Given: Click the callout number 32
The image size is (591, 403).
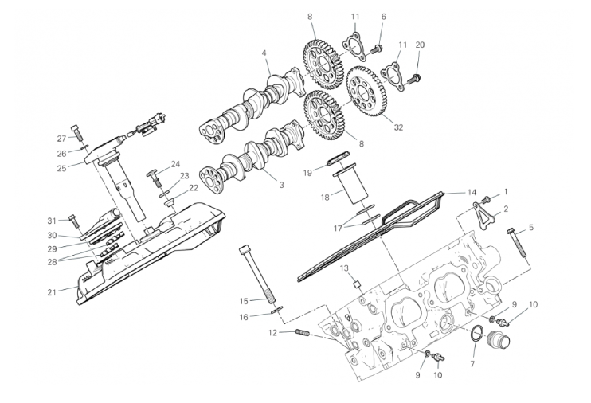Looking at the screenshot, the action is (398, 127).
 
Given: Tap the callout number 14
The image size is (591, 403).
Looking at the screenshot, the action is (472, 192).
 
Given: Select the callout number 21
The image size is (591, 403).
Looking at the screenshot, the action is (52, 292).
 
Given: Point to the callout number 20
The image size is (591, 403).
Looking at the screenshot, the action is (420, 45).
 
